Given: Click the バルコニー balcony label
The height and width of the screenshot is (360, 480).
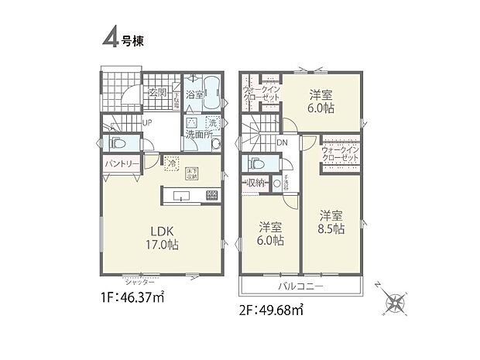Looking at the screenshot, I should (x=301, y=287).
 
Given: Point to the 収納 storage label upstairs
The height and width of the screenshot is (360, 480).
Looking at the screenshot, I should (x=256, y=183).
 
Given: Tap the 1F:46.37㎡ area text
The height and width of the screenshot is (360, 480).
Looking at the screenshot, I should (x=132, y=297).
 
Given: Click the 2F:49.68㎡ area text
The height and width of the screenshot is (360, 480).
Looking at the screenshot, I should (x=272, y=310).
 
